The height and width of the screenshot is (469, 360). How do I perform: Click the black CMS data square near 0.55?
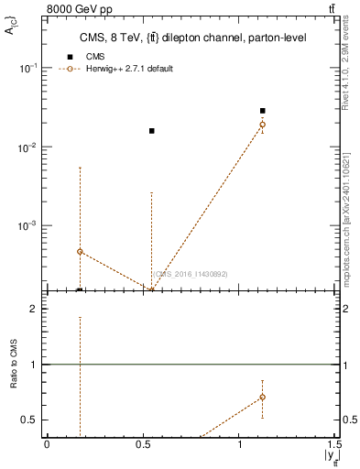pos(152,131)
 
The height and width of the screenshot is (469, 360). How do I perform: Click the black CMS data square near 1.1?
pos(262,111)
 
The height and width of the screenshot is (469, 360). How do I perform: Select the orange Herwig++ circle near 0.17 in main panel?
pos(80,251)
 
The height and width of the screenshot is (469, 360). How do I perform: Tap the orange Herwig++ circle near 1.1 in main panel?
pos(262,125)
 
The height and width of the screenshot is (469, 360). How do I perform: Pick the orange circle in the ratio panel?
pos(262,397)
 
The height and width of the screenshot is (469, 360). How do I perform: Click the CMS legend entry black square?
pos(70,57)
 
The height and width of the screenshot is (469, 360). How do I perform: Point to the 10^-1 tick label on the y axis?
pos(28,69)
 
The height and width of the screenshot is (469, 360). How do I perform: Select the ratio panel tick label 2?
pos(33,309)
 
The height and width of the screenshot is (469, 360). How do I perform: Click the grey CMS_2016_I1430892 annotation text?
pos(190,274)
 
